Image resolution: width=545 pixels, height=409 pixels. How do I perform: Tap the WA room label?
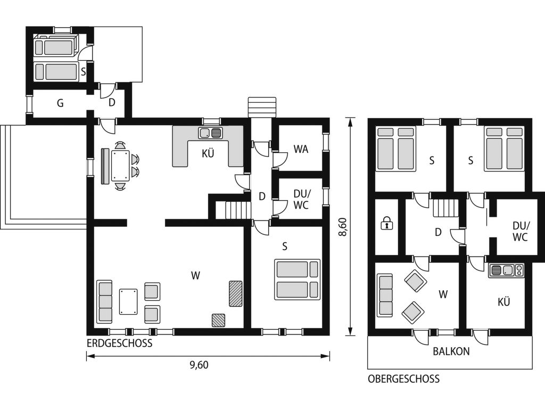point(301,149)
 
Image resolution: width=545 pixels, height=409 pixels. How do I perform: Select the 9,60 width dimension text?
point(199,365)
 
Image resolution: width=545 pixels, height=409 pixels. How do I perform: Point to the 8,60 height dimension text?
point(343,227)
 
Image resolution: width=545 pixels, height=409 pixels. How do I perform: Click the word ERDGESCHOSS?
point(120,343)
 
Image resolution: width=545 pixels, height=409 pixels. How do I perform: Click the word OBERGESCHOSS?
point(403,379)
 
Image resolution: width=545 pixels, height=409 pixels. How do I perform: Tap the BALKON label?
point(451,351)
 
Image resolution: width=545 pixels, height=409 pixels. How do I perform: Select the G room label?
point(60,103)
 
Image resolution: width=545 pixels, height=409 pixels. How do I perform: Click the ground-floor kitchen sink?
point(211,133)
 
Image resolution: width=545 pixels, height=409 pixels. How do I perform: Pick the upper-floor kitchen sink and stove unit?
point(506,271)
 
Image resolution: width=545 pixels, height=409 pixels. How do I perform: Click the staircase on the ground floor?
point(238,210)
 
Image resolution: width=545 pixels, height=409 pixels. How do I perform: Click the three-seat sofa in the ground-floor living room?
point(105,301)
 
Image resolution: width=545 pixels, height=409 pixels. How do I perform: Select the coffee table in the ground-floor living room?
point(128,301)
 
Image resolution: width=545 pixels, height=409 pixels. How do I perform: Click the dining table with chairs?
point(121,166)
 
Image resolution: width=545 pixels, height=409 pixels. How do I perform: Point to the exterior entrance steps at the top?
point(262,107)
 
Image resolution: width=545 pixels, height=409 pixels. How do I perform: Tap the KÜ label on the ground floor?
point(208,153)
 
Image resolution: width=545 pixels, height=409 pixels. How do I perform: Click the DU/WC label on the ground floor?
point(301,199)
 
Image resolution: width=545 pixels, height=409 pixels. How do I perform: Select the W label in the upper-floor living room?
point(443,295)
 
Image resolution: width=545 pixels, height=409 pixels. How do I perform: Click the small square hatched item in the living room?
point(218,320)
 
